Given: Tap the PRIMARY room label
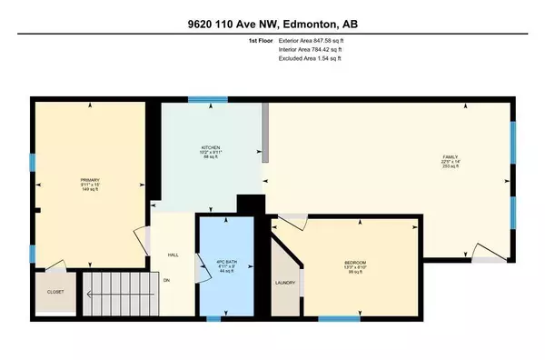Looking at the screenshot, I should tap(88, 180).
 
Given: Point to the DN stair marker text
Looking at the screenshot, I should tap(166, 279).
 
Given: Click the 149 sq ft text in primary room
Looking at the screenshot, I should tap(88, 191).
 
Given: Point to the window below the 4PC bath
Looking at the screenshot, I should tap(212, 318).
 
